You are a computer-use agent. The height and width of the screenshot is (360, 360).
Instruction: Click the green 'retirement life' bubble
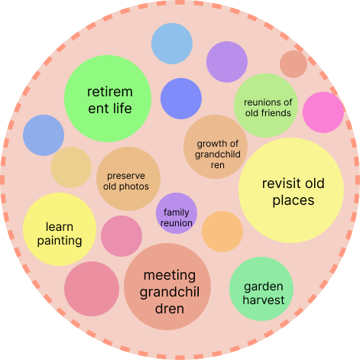[108, 99]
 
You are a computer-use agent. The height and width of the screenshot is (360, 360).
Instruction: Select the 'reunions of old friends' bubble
[266, 105]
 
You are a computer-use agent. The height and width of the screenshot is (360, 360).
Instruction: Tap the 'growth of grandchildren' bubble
[216, 147]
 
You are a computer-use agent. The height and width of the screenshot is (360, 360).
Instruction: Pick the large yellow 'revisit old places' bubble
[291, 190]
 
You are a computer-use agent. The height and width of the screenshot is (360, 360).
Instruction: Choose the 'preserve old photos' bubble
[128, 179]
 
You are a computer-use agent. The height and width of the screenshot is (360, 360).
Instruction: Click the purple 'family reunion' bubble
[177, 213]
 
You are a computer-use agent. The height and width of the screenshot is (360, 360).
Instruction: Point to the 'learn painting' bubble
[60, 229]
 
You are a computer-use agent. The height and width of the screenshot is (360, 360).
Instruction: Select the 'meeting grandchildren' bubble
[167, 287]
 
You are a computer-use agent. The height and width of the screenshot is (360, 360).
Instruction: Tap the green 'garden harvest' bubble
[261, 289]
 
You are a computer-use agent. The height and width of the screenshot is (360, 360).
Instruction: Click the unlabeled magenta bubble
[323, 112]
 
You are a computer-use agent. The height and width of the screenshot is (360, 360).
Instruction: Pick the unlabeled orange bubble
[222, 232]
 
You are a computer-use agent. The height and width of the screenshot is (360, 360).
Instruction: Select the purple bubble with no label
[227, 62]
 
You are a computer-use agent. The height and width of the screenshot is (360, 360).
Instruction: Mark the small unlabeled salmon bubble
[294, 64]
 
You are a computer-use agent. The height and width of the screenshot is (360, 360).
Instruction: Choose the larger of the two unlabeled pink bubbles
[92, 289]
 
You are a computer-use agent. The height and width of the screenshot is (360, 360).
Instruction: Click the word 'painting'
[60, 241]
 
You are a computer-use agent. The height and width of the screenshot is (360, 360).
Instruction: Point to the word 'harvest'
[264, 300]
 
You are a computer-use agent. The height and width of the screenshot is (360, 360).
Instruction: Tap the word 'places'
[294, 200]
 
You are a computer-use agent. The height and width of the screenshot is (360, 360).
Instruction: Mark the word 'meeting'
[170, 276]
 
